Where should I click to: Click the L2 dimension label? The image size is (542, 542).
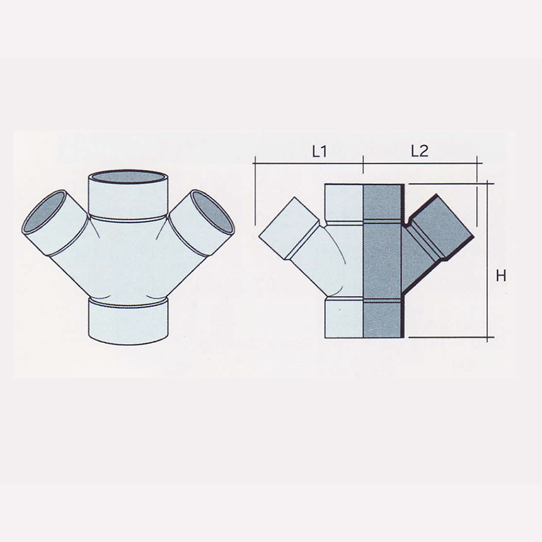[x=419, y=151]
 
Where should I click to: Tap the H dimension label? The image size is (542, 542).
[x=502, y=276]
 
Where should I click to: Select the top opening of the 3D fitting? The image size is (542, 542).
[x=129, y=176]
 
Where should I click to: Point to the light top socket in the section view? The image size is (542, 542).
[x=344, y=202]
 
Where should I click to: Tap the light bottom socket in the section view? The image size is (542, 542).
[x=344, y=319]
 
